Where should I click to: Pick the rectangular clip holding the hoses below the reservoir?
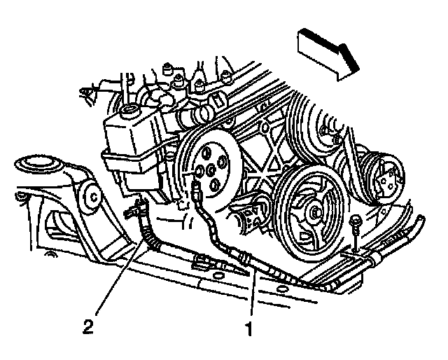[x=202, y=263]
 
